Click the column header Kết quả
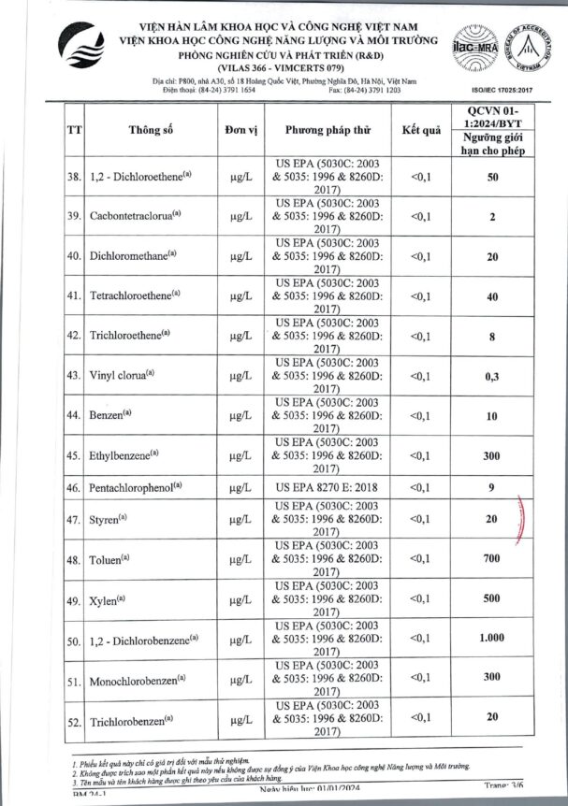click(420, 130)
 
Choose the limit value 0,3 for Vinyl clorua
click(505, 376)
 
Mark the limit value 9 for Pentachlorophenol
click(505, 487)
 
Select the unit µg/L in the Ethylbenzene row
click(241, 455)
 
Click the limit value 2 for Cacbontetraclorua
click(505, 217)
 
